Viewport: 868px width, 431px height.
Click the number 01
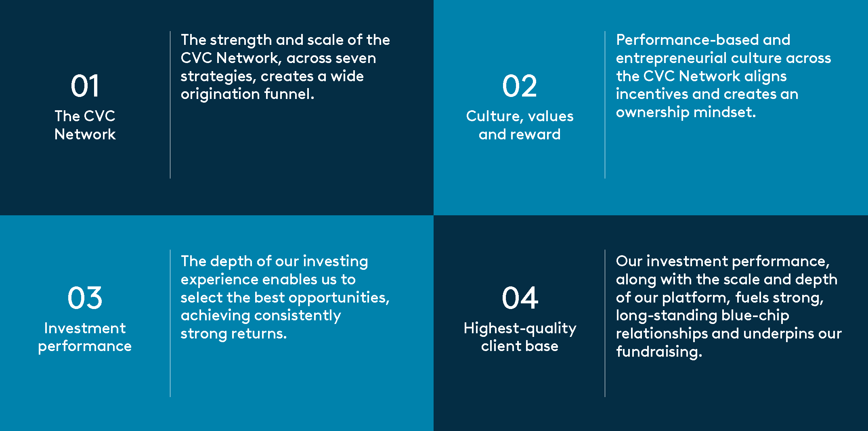85,86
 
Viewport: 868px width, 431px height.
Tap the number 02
520,86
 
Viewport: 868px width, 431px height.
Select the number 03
85,298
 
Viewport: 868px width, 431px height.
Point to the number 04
520,298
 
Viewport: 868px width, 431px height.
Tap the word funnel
289,94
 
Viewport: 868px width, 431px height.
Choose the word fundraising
659,352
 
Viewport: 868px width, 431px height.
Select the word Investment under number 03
85,328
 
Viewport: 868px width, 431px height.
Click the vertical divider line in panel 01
170,105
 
